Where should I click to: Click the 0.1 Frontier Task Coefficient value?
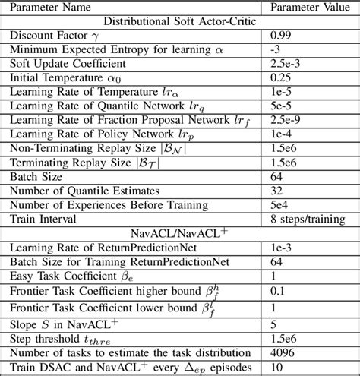click(275, 287)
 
